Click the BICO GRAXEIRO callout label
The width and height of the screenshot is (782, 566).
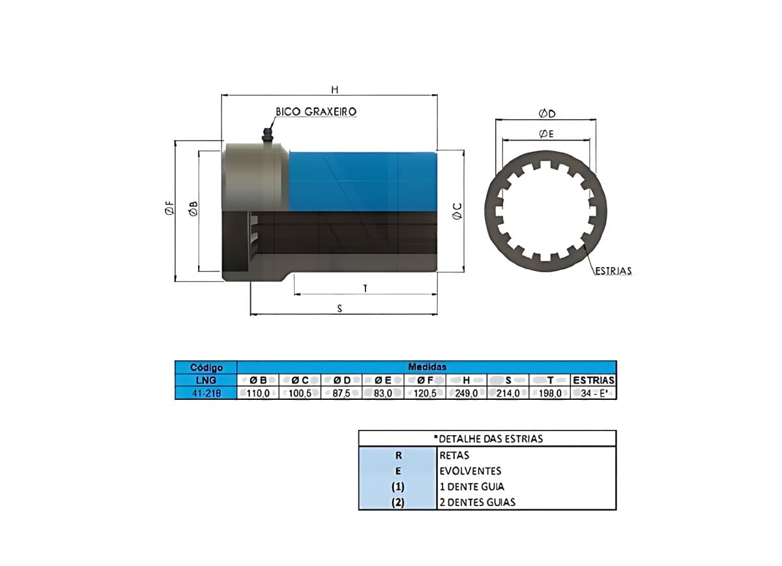click(316, 111)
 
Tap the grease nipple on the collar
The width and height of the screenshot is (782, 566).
click(267, 135)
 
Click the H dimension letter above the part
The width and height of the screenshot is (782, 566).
click(335, 90)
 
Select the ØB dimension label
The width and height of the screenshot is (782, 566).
click(194, 208)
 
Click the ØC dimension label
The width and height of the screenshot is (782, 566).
click(457, 211)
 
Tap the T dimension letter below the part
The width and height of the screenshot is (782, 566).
click(365, 289)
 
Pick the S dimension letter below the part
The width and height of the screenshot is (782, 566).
click(340, 309)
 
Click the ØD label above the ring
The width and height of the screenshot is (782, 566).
click(547, 113)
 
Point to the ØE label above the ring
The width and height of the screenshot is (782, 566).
click(546, 134)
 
